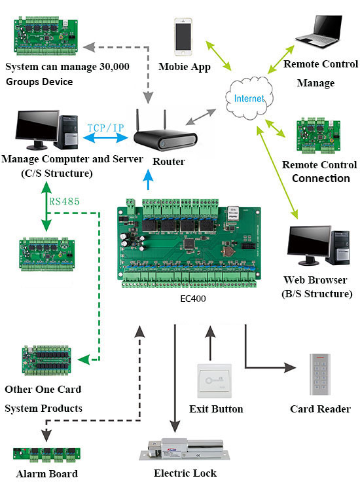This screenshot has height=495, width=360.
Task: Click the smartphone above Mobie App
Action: [183, 37]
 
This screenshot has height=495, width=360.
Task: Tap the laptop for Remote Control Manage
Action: [319, 31]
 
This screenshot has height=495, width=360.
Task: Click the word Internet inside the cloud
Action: [249, 98]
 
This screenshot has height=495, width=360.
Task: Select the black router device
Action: [165, 134]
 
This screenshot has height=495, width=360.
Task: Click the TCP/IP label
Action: [105, 128]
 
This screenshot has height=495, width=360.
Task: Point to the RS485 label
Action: [64, 201]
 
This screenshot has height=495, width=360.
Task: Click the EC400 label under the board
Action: [193, 299]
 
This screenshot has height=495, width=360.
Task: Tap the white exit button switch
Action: [214, 380]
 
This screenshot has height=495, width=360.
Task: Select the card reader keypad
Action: [320, 375]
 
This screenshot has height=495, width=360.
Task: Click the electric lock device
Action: [185, 450]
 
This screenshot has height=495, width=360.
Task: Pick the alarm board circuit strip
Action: [46, 454]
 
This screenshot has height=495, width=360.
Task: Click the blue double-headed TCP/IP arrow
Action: [105, 137]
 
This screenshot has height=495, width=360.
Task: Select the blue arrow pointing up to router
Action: [148, 179]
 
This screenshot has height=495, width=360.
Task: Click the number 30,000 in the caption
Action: [114, 67]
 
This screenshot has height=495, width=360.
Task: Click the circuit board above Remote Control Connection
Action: [318, 136]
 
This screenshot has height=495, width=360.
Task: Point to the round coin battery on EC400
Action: [227, 251]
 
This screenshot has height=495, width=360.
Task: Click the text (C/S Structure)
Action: [57, 174]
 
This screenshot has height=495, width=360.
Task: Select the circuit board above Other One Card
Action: [46, 360]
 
